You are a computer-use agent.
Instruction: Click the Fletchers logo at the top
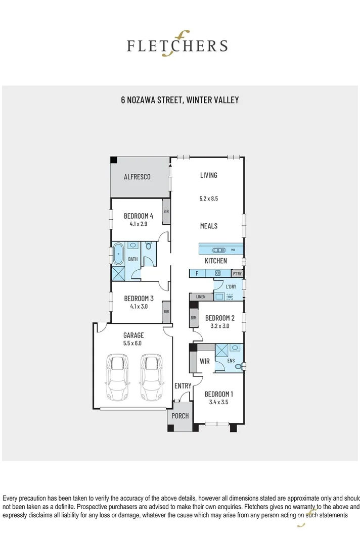[177, 46]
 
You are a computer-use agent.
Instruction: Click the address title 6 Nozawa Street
[179, 100]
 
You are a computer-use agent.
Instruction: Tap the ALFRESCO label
[137, 177]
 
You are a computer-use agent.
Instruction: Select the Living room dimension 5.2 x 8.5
[208, 199]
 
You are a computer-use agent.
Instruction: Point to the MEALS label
[208, 226]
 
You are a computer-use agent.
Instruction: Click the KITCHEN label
[215, 261]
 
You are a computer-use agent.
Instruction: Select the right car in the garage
[151, 376]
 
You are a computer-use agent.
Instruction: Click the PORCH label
[180, 416]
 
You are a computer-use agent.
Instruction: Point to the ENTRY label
[183, 386]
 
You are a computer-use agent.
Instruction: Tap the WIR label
[205, 361]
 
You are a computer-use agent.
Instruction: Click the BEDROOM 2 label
[219, 318]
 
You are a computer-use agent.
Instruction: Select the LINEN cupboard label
[201, 297]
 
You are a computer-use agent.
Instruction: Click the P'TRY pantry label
[237, 274]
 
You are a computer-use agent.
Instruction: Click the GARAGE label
[133, 335]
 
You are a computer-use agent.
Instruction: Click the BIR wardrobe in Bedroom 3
[166, 312]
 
